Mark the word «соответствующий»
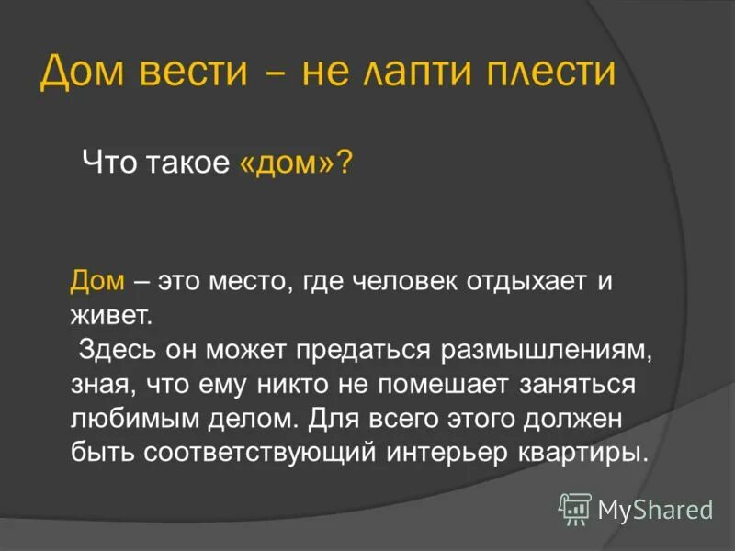tap(250, 452)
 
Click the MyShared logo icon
tap(575, 508)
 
